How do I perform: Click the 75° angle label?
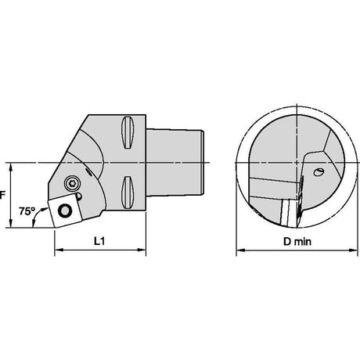click(27, 211)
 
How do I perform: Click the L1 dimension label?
click(99, 241)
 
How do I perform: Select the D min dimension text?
click(297, 242)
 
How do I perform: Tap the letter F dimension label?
click(2, 195)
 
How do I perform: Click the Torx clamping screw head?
click(72, 183)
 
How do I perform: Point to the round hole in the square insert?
click(64, 211)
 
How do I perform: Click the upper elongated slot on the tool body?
click(128, 132)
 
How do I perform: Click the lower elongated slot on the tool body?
click(128, 193)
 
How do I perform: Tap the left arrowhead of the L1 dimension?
click(58, 250)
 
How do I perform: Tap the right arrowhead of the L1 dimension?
click(142, 250)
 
